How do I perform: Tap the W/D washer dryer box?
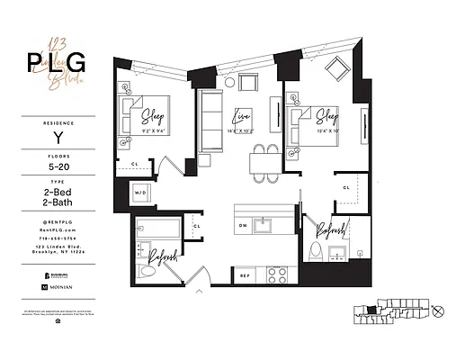(140, 193)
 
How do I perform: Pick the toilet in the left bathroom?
(151, 269)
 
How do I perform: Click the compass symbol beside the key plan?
(438, 312)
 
